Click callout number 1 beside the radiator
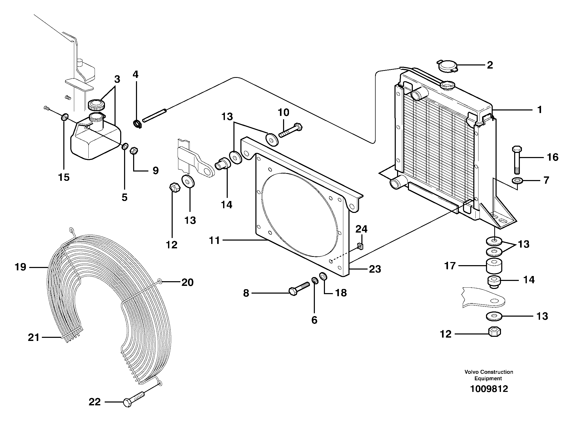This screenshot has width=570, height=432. point(539,110)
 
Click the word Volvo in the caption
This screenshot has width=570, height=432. point(472,372)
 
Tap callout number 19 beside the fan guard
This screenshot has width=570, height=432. point(20,267)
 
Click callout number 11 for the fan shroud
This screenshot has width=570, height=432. point(214,240)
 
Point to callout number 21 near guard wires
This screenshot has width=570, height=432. point(34,337)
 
